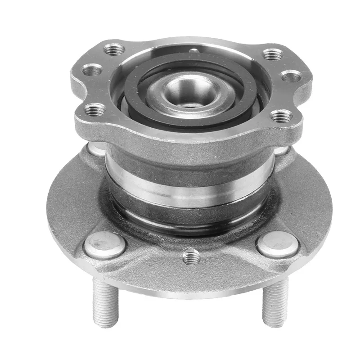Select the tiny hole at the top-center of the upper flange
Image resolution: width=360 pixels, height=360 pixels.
click(x=193, y=51)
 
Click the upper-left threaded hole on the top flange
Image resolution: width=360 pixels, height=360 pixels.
click(x=114, y=49)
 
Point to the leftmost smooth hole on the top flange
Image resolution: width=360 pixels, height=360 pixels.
click(x=92, y=70)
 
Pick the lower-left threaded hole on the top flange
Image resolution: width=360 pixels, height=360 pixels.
click(x=95, y=109)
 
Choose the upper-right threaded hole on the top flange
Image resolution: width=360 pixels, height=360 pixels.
click(x=273, y=54)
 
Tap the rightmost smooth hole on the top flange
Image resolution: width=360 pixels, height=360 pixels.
click(x=292, y=76)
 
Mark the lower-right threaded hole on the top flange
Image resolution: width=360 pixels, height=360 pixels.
click(x=282, y=116)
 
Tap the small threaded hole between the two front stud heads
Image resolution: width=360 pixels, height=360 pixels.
click(x=192, y=257)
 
